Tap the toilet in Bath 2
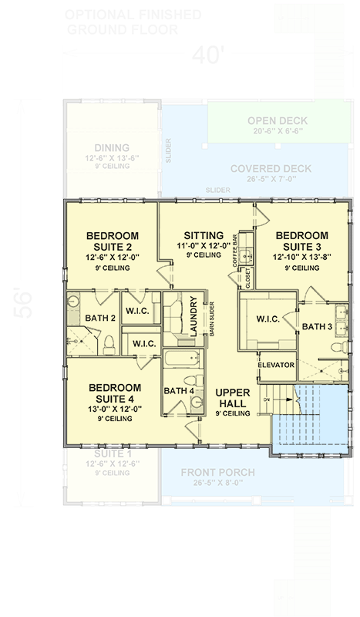109,342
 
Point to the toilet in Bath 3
337,348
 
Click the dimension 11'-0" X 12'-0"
204,245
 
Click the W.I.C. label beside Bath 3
267,318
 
